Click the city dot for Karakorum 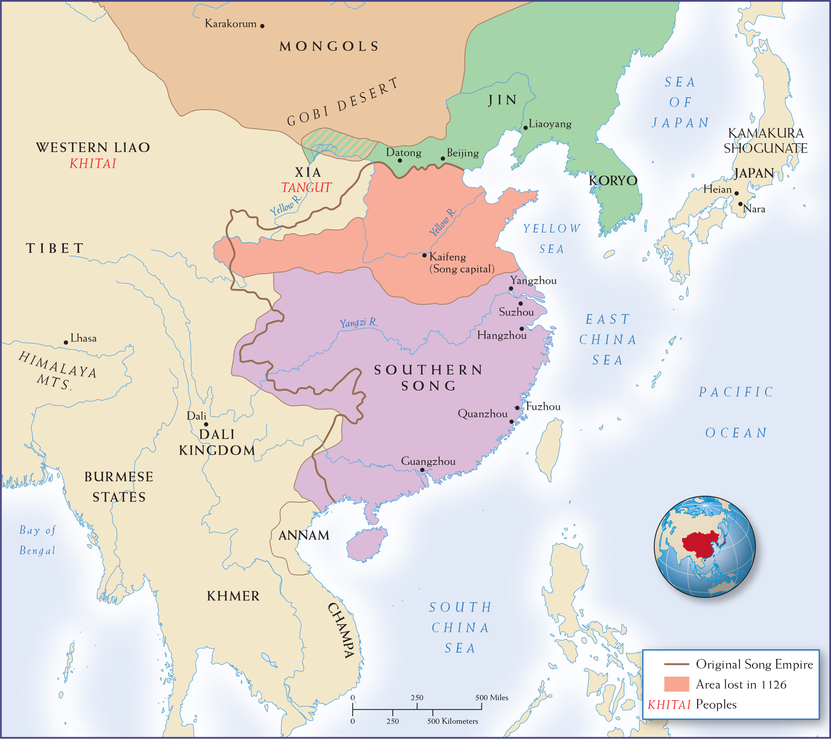(262, 26)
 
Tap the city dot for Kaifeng (424, 255)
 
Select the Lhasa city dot (66, 342)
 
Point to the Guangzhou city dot (422, 470)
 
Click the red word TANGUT (306, 188)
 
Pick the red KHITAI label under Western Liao (93, 164)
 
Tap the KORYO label (613, 180)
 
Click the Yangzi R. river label (359, 323)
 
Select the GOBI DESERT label (343, 102)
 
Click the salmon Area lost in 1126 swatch (677, 684)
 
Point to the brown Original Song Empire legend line (677, 664)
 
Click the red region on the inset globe (701, 545)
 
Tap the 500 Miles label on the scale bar (491, 697)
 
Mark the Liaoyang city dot (525, 128)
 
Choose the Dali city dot (206, 424)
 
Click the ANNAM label (304, 535)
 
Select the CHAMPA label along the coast (342, 630)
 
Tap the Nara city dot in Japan (740, 204)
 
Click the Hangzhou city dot (521, 328)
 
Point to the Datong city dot (400, 160)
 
